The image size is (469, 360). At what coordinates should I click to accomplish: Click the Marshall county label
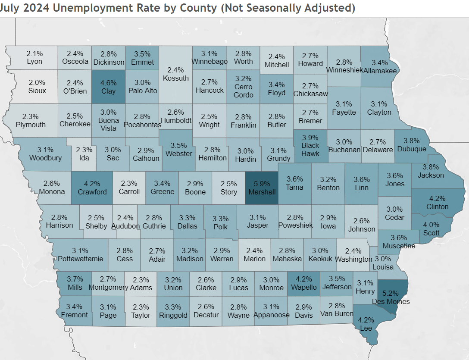pos(262,192)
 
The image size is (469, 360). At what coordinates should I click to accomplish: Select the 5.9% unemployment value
pos(262,183)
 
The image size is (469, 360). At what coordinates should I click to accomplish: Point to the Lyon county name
pos(34,61)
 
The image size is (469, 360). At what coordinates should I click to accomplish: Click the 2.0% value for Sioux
pos(37,82)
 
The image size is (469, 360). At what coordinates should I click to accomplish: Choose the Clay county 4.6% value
pos(109,82)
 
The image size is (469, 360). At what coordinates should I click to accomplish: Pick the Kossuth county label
pos(176,78)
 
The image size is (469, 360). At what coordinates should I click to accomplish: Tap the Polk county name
pos(221,226)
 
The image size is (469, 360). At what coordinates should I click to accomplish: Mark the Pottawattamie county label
pos(80,259)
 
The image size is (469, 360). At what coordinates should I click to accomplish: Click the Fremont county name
pos(74,315)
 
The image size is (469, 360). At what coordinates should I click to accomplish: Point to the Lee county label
pos(366,328)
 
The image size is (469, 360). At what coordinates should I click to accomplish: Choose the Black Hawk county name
pos(310,149)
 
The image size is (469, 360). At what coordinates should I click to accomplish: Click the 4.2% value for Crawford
pos(92,183)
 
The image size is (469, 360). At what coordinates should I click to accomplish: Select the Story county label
pos(229,192)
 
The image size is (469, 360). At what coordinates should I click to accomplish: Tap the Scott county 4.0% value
pos(431,224)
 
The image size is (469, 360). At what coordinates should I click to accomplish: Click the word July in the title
pos(10,8)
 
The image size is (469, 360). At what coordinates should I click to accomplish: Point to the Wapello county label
pos(304,288)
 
